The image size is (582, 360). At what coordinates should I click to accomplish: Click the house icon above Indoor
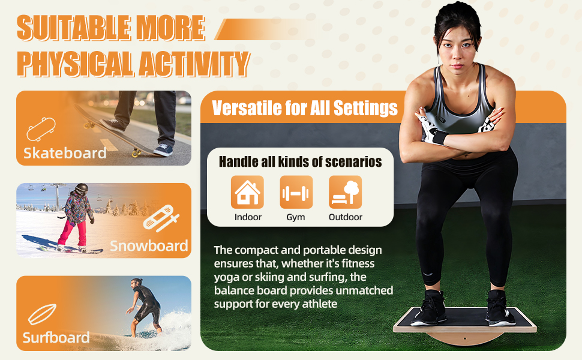(x=247, y=192)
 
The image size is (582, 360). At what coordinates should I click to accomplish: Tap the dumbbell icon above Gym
(x=296, y=192)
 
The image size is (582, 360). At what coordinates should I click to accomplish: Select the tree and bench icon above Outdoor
(x=345, y=192)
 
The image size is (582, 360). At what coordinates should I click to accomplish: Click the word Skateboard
(x=65, y=153)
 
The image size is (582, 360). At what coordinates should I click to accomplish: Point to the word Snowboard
(x=149, y=245)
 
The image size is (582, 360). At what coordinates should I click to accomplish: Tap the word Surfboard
(x=56, y=337)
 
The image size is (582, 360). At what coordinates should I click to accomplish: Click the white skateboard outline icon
(x=41, y=129)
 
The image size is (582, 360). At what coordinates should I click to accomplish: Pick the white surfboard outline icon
(x=43, y=314)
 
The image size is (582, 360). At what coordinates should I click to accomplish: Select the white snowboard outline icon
(x=161, y=218)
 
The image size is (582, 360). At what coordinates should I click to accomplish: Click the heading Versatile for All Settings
(x=305, y=108)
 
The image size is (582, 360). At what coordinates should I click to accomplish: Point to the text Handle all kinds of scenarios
(x=300, y=162)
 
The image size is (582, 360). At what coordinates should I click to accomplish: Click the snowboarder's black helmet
(x=81, y=188)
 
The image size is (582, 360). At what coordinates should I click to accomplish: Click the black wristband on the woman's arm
(x=440, y=137)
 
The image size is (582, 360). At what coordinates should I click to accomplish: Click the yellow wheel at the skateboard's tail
(x=137, y=152)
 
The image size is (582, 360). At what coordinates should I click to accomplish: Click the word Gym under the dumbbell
(x=296, y=217)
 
